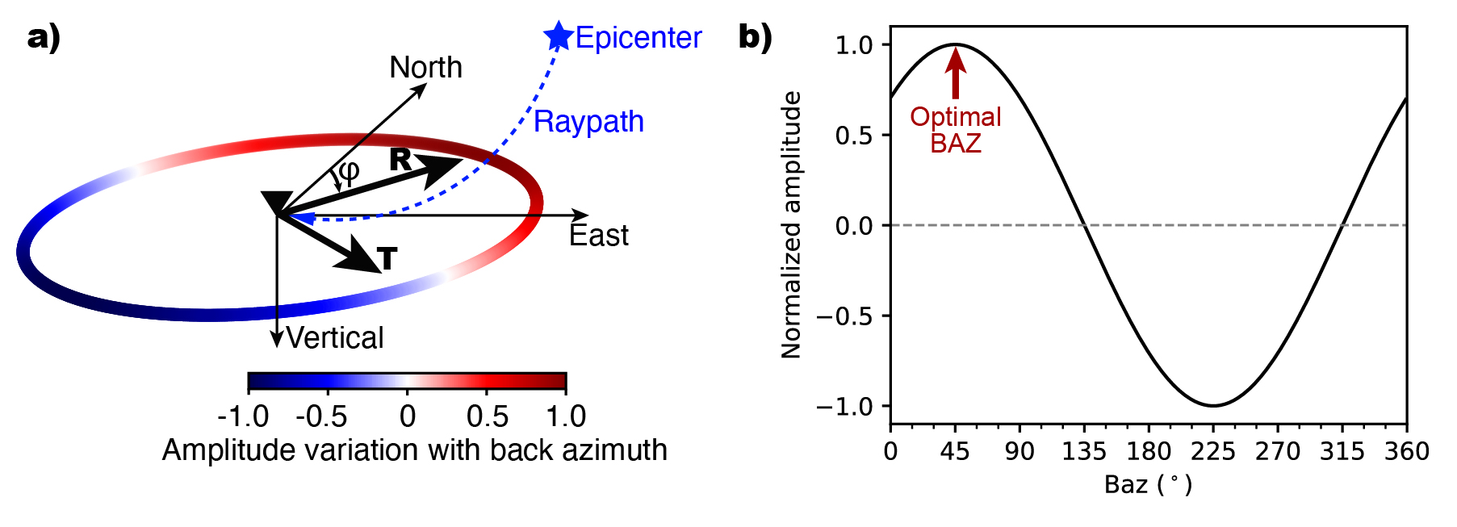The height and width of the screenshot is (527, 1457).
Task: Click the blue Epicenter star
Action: coord(558,36)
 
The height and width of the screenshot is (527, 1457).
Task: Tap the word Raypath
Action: coord(588,122)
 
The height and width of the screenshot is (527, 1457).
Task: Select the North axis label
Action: coord(425,67)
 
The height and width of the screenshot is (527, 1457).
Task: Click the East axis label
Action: coord(598,236)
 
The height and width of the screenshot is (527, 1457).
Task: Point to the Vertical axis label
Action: coord(335,337)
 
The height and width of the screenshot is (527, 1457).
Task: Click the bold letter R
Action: coord(400,160)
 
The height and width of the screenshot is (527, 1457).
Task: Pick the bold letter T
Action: coord(387,258)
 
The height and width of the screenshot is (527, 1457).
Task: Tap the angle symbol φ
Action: coord(349,172)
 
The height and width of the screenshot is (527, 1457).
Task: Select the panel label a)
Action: coord(44,37)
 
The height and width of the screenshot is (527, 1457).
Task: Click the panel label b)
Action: coord(755,37)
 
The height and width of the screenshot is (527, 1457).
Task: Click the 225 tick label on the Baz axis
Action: coord(1213,451)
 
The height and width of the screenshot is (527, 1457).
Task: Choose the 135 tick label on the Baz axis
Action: coord(1084,451)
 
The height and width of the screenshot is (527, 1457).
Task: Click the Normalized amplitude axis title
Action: coord(791,224)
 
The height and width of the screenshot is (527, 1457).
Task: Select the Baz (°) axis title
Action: coord(1148,484)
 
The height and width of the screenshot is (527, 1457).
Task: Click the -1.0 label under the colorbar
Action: coord(243,416)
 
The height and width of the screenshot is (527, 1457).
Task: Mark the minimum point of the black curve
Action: coord(1213,405)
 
